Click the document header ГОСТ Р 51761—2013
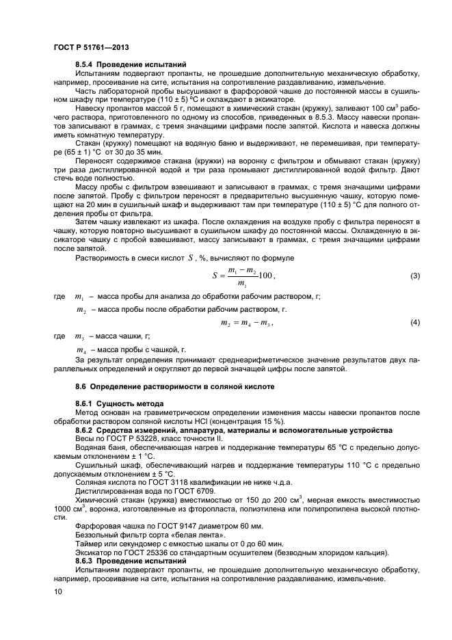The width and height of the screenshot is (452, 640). coord(91,47)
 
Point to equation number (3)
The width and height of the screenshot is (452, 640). coord(414,276)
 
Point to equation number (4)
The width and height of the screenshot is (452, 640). coord(414,321)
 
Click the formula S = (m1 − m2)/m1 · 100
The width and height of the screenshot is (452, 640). coord(243,276)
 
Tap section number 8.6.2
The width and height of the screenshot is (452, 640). coord(86,429)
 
